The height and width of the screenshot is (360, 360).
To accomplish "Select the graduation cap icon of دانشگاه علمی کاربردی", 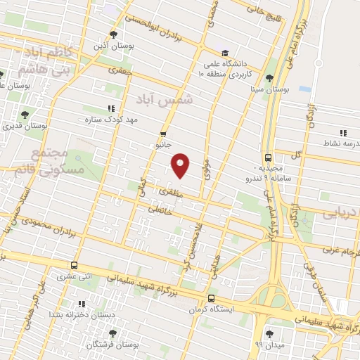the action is click(x=225, y=53).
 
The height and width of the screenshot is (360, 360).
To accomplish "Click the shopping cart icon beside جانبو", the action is click(x=164, y=133).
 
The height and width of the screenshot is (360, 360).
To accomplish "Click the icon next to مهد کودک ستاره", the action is click(x=110, y=108).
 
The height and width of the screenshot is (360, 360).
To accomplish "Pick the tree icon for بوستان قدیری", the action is click(x=25, y=114).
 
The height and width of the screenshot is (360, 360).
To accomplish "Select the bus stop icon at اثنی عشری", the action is click(x=75, y=266).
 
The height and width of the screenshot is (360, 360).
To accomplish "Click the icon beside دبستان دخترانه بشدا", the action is click(x=82, y=304).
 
